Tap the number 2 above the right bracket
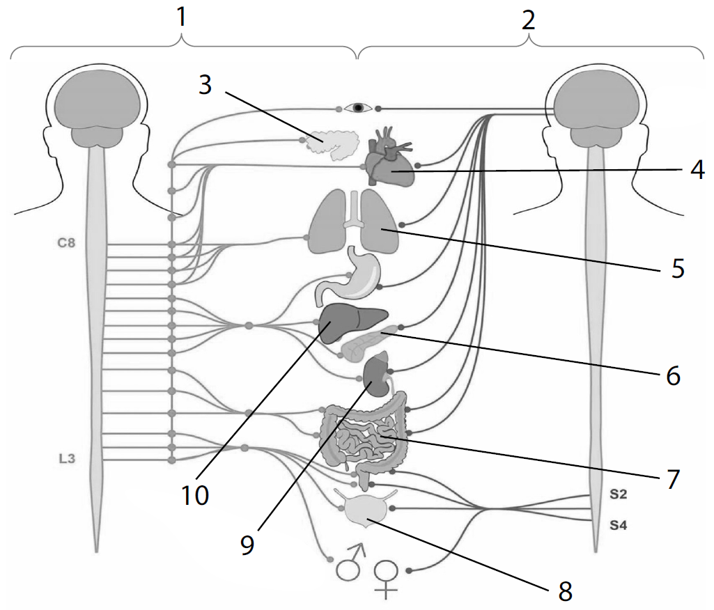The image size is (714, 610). [529, 19]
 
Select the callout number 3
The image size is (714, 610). [204, 86]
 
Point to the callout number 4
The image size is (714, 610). [694, 169]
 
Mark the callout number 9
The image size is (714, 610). [247, 544]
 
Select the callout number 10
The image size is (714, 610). [196, 495]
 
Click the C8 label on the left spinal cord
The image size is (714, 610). [66, 244]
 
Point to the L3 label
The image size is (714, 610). [67, 459]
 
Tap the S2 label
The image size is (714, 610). [619, 495]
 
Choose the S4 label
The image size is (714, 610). [619, 526]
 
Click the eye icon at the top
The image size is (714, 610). [359, 108]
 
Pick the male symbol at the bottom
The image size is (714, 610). [350, 563]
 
